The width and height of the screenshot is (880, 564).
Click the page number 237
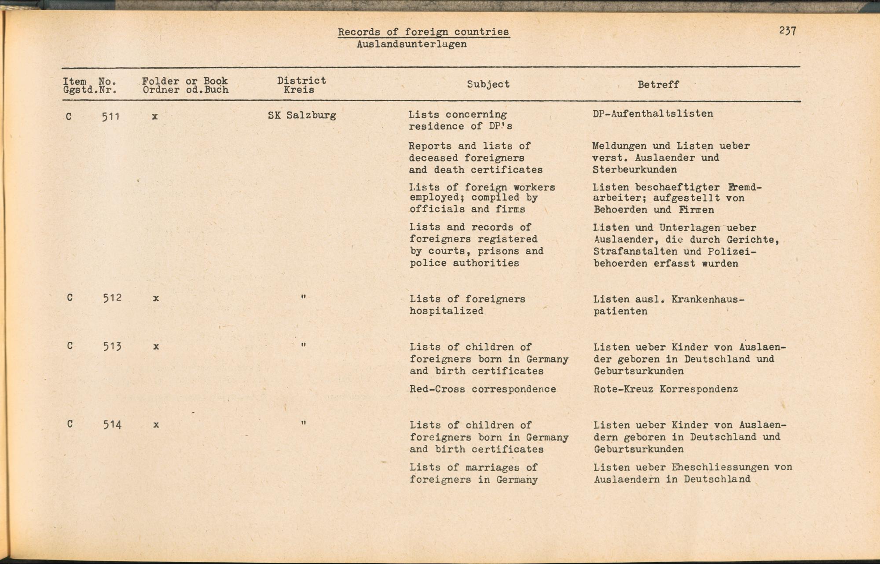click(787, 31)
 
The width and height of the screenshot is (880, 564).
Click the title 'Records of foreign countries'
click(423, 32)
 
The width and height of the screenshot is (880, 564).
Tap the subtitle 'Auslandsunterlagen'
click(411, 44)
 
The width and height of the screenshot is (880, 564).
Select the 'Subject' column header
click(488, 84)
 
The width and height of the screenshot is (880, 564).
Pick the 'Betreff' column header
click(658, 84)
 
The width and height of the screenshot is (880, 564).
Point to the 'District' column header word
click(301, 80)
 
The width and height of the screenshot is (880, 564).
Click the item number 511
click(110, 117)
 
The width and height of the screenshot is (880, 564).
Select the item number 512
click(112, 298)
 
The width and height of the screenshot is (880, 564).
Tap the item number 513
click(112, 346)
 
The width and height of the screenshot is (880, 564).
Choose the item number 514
click(112, 425)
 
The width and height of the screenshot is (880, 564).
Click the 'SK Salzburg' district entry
click(302, 115)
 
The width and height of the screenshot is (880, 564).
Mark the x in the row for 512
click(156, 298)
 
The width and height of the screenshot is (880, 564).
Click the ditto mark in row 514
click(303, 423)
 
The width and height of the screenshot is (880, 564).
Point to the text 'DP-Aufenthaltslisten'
click(653, 114)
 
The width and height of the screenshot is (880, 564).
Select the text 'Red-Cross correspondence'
click(483, 389)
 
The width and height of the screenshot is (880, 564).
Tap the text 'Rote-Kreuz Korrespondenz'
click(665, 389)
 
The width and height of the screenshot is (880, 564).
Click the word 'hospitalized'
click(446, 311)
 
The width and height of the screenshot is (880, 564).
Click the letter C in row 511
click(69, 117)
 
